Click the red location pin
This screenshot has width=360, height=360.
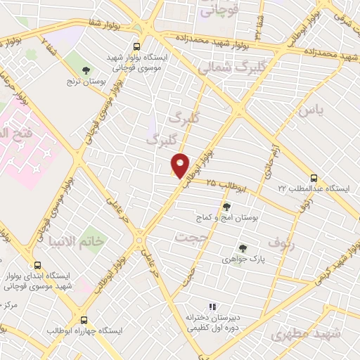pos(181,165)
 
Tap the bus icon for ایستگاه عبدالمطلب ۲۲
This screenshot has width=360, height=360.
pos(314,179)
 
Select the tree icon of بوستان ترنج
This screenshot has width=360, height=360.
pos(86,70)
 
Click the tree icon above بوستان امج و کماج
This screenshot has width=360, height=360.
pos(227,207)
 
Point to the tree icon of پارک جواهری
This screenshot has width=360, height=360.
pos(242,248)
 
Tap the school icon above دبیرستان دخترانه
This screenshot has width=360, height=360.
pos(212,307)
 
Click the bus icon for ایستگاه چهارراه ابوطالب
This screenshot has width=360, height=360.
pos(84,319)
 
